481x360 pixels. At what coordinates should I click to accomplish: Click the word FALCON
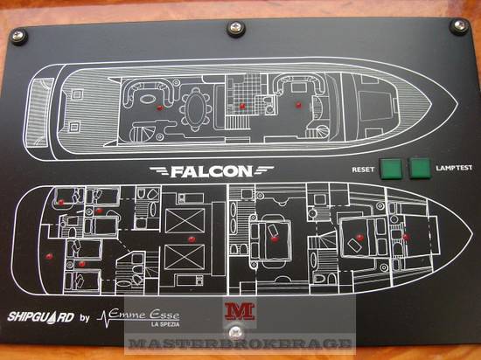tap(212, 171)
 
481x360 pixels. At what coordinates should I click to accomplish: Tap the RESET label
tap(363, 170)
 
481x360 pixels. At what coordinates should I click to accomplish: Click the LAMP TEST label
tap(454, 168)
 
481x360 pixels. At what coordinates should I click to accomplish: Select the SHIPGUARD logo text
tap(41, 317)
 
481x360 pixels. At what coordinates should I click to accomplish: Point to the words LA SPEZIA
tap(165, 324)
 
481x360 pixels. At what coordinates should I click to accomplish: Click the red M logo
tap(240, 311)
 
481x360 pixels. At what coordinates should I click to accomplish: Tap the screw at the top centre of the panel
tap(236, 29)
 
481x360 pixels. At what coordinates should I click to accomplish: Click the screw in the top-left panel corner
tap(17, 36)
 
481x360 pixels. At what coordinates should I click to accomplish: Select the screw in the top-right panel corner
tap(459, 25)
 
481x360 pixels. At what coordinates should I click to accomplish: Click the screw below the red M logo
tap(235, 331)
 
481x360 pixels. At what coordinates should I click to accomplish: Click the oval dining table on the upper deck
tap(196, 107)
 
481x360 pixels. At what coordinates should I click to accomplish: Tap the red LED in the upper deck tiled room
tap(242, 107)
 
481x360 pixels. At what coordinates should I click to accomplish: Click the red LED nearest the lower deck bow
tap(406, 237)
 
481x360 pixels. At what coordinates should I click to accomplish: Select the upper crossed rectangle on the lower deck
tap(185, 220)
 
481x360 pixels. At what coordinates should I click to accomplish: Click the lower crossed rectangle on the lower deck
tap(185, 257)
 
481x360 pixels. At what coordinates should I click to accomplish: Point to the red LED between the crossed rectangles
tap(192, 239)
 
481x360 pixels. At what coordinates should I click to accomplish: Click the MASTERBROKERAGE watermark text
tap(240, 343)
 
